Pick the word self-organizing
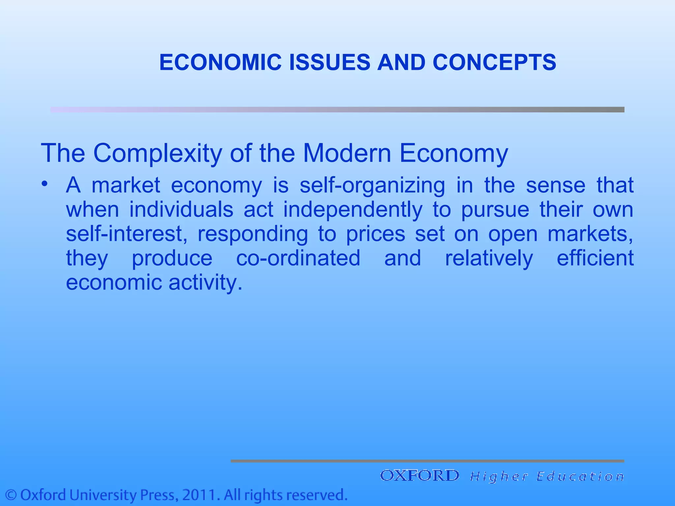pyautogui.click(x=372, y=185)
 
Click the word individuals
pyautogui.click(x=181, y=210)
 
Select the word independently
pyautogui.click(x=353, y=210)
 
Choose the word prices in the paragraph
pyautogui.click(x=375, y=235)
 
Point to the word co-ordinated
pyautogui.click(x=298, y=258)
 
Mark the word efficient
pyautogui.click(x=595, y=258)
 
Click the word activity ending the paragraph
pyautogui.click(x=205, y=283)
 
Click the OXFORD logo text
pyautogui.click(x=420, y=475)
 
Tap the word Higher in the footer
pyautogui.click(x=499, y=476)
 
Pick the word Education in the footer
pyautogui.click(x=580, y=476)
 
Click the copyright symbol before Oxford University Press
pyautogui.click(x=11, y=495)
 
